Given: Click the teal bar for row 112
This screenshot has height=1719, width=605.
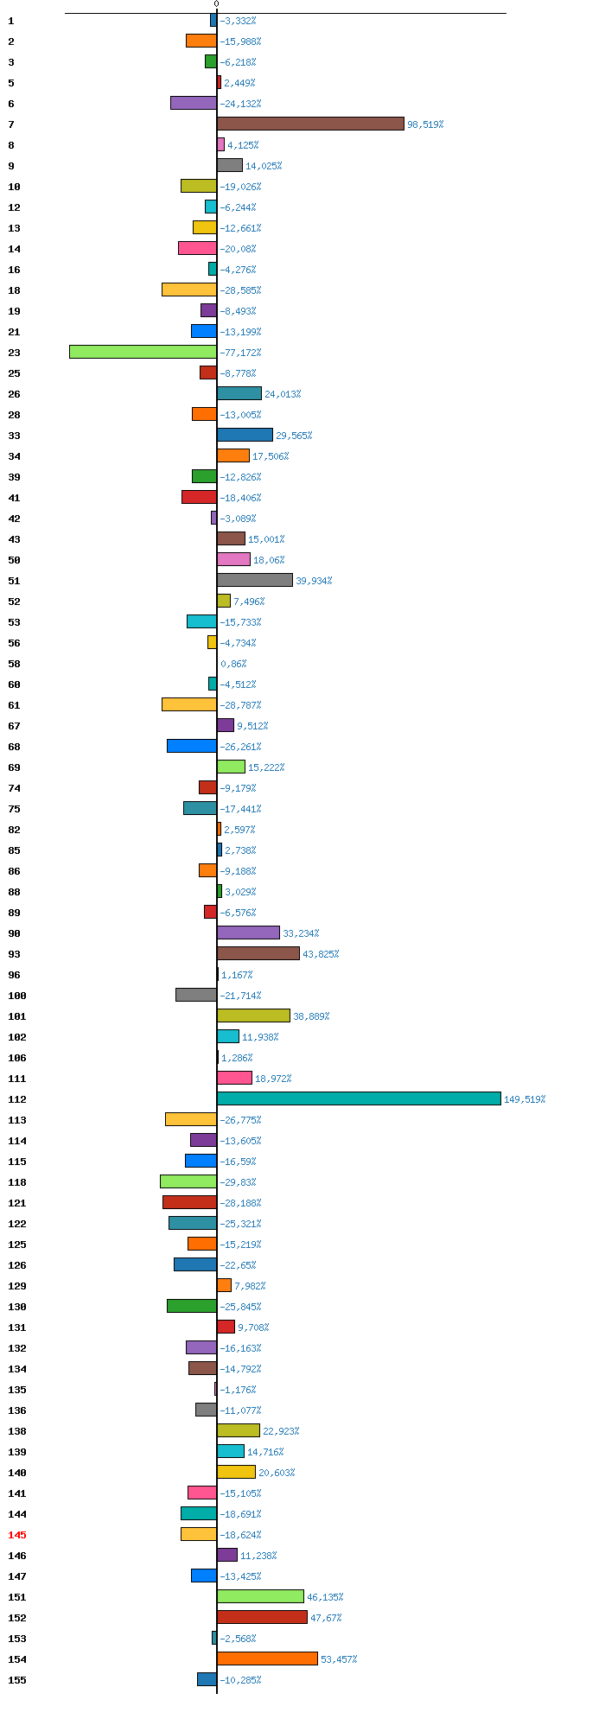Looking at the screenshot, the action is coord(359,1098).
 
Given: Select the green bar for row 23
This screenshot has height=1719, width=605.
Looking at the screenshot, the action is coord(143,352).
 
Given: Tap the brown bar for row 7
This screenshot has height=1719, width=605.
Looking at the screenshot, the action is coord(310,124).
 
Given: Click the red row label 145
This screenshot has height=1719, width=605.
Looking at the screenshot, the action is coord(17,1535).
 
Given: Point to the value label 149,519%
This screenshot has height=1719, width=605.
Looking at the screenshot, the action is coord(525,1099).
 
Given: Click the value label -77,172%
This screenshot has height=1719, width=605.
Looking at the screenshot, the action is coord(240,353).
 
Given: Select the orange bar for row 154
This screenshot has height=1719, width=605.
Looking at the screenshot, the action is coord(267,1659).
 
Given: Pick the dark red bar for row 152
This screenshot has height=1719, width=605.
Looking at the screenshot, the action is coord(262,1617).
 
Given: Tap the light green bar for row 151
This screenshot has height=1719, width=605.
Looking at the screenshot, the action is coord(260,1596).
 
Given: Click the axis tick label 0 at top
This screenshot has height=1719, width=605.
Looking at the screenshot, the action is coord(216,4).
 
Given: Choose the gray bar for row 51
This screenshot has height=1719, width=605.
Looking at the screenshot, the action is coord(255,580).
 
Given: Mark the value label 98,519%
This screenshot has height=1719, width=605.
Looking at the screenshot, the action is coord(425,124).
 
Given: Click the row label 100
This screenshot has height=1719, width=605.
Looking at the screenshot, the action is coord(17,996).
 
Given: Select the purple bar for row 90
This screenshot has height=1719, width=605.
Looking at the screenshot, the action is coord(248,933).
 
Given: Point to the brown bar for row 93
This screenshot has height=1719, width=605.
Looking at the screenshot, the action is coord(258,953).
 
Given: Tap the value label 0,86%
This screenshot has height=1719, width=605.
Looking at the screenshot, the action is coord(233,664).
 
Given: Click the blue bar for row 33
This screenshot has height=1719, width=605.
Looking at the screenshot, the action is coord(245,435).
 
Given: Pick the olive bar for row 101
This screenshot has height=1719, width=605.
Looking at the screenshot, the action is coord(253,1015).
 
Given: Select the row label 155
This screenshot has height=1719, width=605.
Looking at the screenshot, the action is coord(17,1680).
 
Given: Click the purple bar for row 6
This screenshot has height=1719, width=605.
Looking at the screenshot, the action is coord(194,103).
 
